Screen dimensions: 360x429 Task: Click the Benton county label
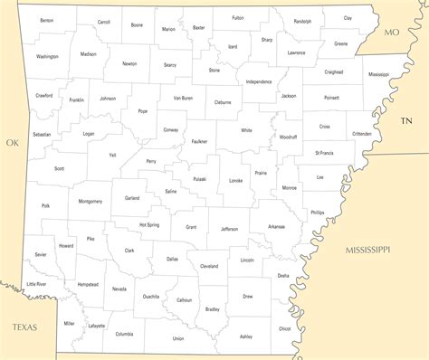click(46, 20)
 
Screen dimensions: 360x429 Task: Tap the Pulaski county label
click(199, 179)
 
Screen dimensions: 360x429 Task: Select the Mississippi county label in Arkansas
click(378, 74)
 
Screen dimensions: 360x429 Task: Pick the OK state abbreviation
click(12, 142)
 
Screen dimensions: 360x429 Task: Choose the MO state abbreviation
click(391, 33)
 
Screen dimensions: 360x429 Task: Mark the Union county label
click(178, 338)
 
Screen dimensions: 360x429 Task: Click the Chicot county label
click(285, 328)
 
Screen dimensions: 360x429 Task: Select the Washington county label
click(47, 56)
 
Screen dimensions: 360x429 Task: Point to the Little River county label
click(36, 284)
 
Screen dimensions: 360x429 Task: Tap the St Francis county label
click(324, 154)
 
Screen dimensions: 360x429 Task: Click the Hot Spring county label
click(149, 224)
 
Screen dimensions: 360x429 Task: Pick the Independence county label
click(259, 81)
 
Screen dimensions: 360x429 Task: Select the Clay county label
click(348, 18)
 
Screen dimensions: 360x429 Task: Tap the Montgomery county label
click(91, 201)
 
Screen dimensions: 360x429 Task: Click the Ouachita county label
click(151, 295)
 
